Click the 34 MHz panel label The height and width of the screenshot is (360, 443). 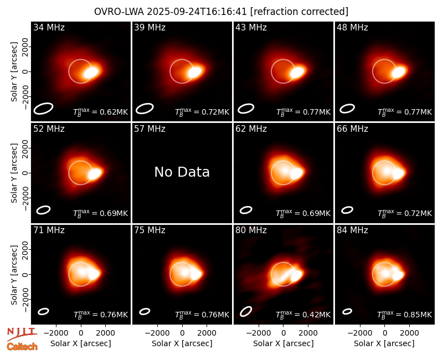tap(49, 27)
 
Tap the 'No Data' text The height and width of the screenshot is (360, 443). tap(182, 172)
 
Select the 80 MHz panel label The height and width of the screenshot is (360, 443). tap(251, 230)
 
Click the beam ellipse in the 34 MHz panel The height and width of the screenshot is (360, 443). tap(44, 109)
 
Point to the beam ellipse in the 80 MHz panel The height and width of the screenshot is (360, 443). tap(246, 311)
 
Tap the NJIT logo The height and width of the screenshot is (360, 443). tap(22, 333)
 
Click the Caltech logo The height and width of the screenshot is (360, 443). tap(22, 347)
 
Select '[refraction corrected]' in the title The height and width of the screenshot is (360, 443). tap(299, 12)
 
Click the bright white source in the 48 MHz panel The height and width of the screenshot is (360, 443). tap(399, 72)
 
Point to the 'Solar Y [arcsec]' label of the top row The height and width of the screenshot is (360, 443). tap(14, 72)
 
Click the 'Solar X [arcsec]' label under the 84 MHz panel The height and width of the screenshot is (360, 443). tap(384, 343)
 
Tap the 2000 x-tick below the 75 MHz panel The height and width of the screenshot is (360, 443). tap(207, 333)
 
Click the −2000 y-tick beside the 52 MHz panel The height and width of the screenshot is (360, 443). tap(25, 198)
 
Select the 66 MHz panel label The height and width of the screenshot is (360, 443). tap(352, 129)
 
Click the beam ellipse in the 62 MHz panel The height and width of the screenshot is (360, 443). tap(246, 210)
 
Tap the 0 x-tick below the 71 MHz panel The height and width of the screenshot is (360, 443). tap(81, 333)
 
